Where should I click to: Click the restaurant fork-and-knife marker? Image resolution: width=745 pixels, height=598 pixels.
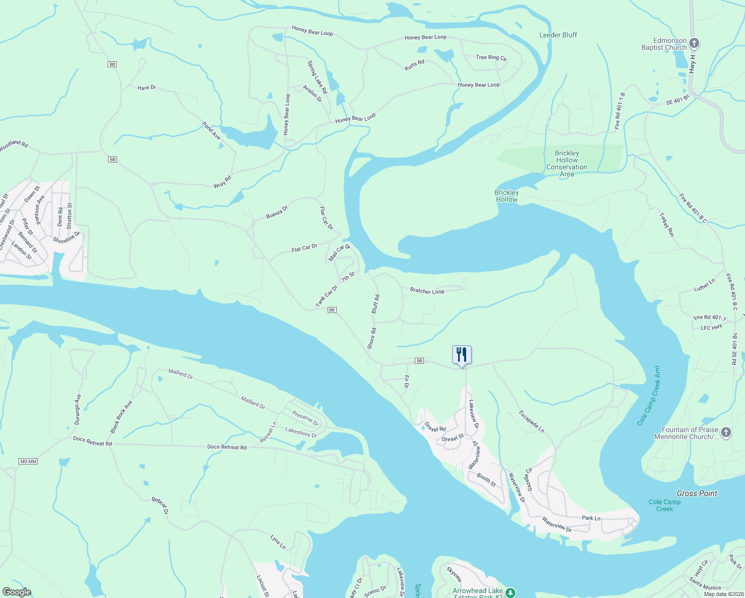[x=462, y=355]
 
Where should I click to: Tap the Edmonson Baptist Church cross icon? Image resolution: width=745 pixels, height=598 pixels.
[x=694, y=43]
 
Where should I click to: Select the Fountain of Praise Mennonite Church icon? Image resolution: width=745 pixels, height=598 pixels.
[x=726, y=432]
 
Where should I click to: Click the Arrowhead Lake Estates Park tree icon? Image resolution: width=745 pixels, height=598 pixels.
[x=510, y=593]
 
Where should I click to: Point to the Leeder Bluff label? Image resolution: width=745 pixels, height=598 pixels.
[x=558, y=35]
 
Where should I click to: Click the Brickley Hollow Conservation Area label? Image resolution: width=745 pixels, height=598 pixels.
[x=567, y=163]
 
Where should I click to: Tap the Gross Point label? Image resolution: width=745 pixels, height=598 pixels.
[x=697, y=493]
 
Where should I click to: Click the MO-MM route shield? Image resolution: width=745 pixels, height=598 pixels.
[x=28, y=461]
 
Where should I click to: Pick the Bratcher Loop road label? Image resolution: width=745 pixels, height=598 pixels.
[x=427, y=291]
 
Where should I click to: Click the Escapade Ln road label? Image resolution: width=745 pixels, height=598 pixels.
[x=531, y=421]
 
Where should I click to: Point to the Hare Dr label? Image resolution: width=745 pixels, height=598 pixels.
[x=146, y=88]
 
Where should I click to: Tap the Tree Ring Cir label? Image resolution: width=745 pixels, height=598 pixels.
[x=491, y=57]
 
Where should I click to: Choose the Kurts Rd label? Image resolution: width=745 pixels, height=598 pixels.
[x=414, y=65]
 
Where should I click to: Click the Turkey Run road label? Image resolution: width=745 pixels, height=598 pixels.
[x=666, y=225]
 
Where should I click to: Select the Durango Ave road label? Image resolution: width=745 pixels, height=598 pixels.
[x=77, y=409]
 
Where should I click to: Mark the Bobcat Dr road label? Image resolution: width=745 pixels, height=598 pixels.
[x=160, y=505]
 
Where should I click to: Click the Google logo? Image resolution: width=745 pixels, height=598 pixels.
[x=16, y=592]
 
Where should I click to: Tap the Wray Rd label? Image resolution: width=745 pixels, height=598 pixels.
[x=222, y=182]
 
